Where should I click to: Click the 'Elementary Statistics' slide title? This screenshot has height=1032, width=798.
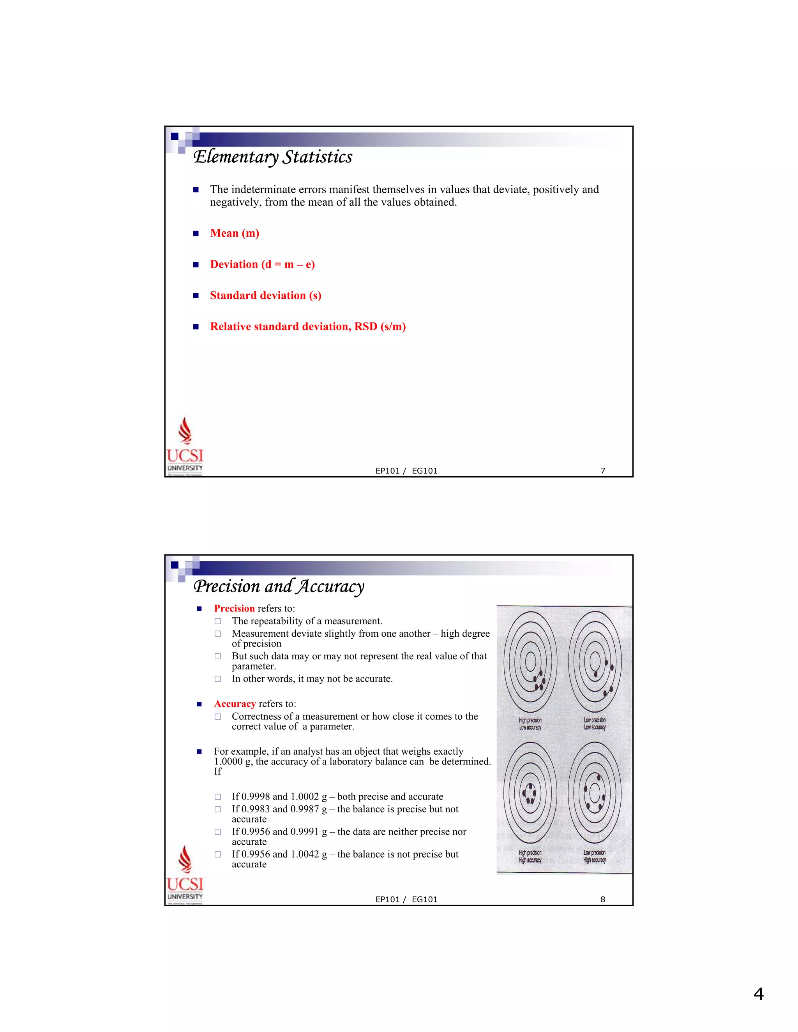point(273,157)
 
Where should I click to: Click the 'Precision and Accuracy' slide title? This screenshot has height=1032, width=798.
point(279,586)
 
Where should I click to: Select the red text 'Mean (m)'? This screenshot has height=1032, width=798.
point(235,233)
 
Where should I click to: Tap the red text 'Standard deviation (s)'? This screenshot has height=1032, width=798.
point(266,296)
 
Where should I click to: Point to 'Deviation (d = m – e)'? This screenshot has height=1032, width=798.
point(262,264)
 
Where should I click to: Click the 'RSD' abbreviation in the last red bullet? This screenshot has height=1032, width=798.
point(365,327)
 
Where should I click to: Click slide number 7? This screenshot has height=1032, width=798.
point(603,471)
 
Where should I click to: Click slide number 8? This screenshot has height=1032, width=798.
point(603,899)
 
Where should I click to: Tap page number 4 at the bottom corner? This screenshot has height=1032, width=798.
point(758,994)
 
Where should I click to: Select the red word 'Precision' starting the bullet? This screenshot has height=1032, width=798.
point(234,609)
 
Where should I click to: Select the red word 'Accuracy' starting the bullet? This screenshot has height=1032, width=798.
point(235,704)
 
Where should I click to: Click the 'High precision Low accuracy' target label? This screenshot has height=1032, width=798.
point(530,724)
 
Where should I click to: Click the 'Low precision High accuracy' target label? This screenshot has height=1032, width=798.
point(594,856)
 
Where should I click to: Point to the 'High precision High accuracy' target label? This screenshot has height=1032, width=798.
point(530,856)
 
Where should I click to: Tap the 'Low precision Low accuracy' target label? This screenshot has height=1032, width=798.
point(594,724)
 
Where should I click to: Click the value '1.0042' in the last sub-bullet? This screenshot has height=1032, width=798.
point(304,854)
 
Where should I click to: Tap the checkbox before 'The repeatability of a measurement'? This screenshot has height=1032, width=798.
point(217,622)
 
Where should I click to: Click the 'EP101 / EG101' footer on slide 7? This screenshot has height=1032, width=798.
point(406,471)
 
